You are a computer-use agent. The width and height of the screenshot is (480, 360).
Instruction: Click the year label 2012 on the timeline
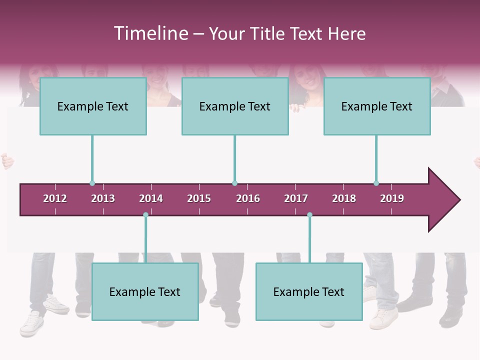[55, 198]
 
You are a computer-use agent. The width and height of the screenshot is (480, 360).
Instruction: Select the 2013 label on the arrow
[103, 198]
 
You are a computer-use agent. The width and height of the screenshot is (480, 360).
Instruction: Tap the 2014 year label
[151, 198]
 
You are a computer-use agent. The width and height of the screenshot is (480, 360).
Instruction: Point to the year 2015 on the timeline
[199, 198]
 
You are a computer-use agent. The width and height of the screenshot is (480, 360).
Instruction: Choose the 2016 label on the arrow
[248, 198]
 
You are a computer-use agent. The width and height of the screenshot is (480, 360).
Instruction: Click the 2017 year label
[296, 198]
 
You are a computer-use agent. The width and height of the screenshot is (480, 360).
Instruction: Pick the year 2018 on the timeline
[344, 198]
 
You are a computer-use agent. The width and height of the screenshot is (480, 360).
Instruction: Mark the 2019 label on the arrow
[392, 198]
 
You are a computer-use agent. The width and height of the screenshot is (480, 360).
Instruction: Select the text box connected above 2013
[93, 106]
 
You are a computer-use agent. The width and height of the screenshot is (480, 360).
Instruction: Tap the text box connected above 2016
[235, 106]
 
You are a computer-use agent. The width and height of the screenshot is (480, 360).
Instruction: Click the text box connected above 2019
[377, 106]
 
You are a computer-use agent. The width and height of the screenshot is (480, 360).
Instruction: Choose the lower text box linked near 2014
[145, 291]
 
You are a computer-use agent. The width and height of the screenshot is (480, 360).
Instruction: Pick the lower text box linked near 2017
[309, 291]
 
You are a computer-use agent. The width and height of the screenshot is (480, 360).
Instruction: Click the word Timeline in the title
[150, 33]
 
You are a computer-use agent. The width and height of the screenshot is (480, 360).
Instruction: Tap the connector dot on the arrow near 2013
[92, 183]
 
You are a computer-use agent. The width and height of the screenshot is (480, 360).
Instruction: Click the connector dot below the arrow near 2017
[309, 215]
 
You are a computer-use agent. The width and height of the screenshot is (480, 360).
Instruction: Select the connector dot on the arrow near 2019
[376, 183]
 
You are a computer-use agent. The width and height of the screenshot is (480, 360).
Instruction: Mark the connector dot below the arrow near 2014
[145, 215]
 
